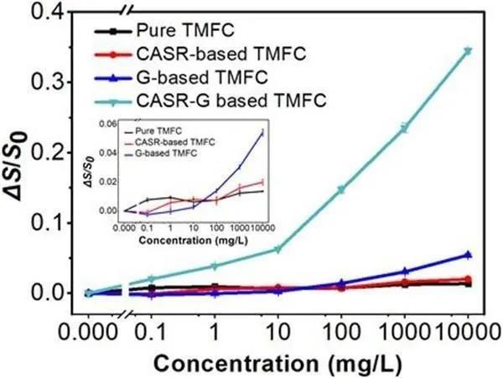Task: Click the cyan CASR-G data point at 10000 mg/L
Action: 468,51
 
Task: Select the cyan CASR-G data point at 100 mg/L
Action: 341,189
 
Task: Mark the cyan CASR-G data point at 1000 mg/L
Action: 404,127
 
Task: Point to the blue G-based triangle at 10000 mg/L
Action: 468,254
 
